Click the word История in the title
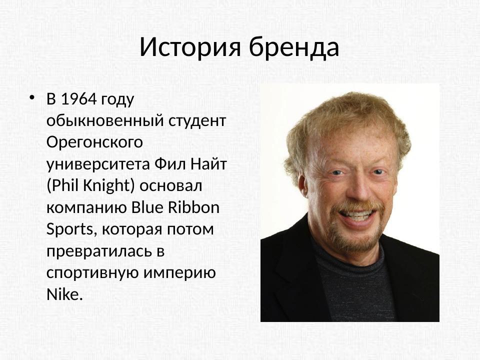[190, 47]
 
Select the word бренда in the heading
[294, 47]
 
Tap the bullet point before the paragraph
[32, 97]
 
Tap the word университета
[98, 164]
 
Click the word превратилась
[98, 251]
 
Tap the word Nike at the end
[63, 294]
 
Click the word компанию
[85, 207]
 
